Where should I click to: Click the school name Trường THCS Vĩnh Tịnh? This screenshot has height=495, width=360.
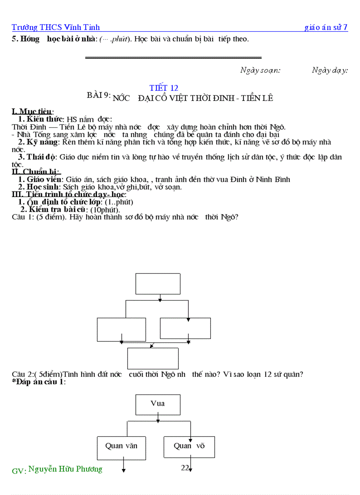[x=56, y=27]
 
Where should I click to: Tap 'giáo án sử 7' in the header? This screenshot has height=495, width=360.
[x=326, y=27]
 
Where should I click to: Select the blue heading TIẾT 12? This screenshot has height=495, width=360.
[x=164, y=88]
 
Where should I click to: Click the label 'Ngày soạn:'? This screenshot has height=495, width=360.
[x=260, y=70]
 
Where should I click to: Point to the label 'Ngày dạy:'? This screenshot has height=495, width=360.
[x=330, y=70]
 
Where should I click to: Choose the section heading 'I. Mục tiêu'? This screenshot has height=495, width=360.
[x=33, y=112]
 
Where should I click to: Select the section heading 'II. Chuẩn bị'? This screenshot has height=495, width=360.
[x=36, y=171]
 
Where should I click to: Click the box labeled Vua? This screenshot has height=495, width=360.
[x=157, y=404]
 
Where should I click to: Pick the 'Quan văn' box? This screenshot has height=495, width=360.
[x=121, y=446]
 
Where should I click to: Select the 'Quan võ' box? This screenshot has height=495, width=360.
[x=189, y=446]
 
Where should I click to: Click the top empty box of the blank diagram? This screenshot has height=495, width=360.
[x=157, y=283]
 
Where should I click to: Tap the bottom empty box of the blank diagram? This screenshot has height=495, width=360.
[x=153, y=358]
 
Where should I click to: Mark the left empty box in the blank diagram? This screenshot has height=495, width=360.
[x=121, y=329]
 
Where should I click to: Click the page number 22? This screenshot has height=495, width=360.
[x=185, y=468]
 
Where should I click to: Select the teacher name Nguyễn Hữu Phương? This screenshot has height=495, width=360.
[x=65, y=469]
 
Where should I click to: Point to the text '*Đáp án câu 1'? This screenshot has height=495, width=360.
[x=39, y=382]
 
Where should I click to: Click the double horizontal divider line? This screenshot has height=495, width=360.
[x=173, y=57]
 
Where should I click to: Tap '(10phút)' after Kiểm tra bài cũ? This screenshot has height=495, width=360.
[x=105, y=209]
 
